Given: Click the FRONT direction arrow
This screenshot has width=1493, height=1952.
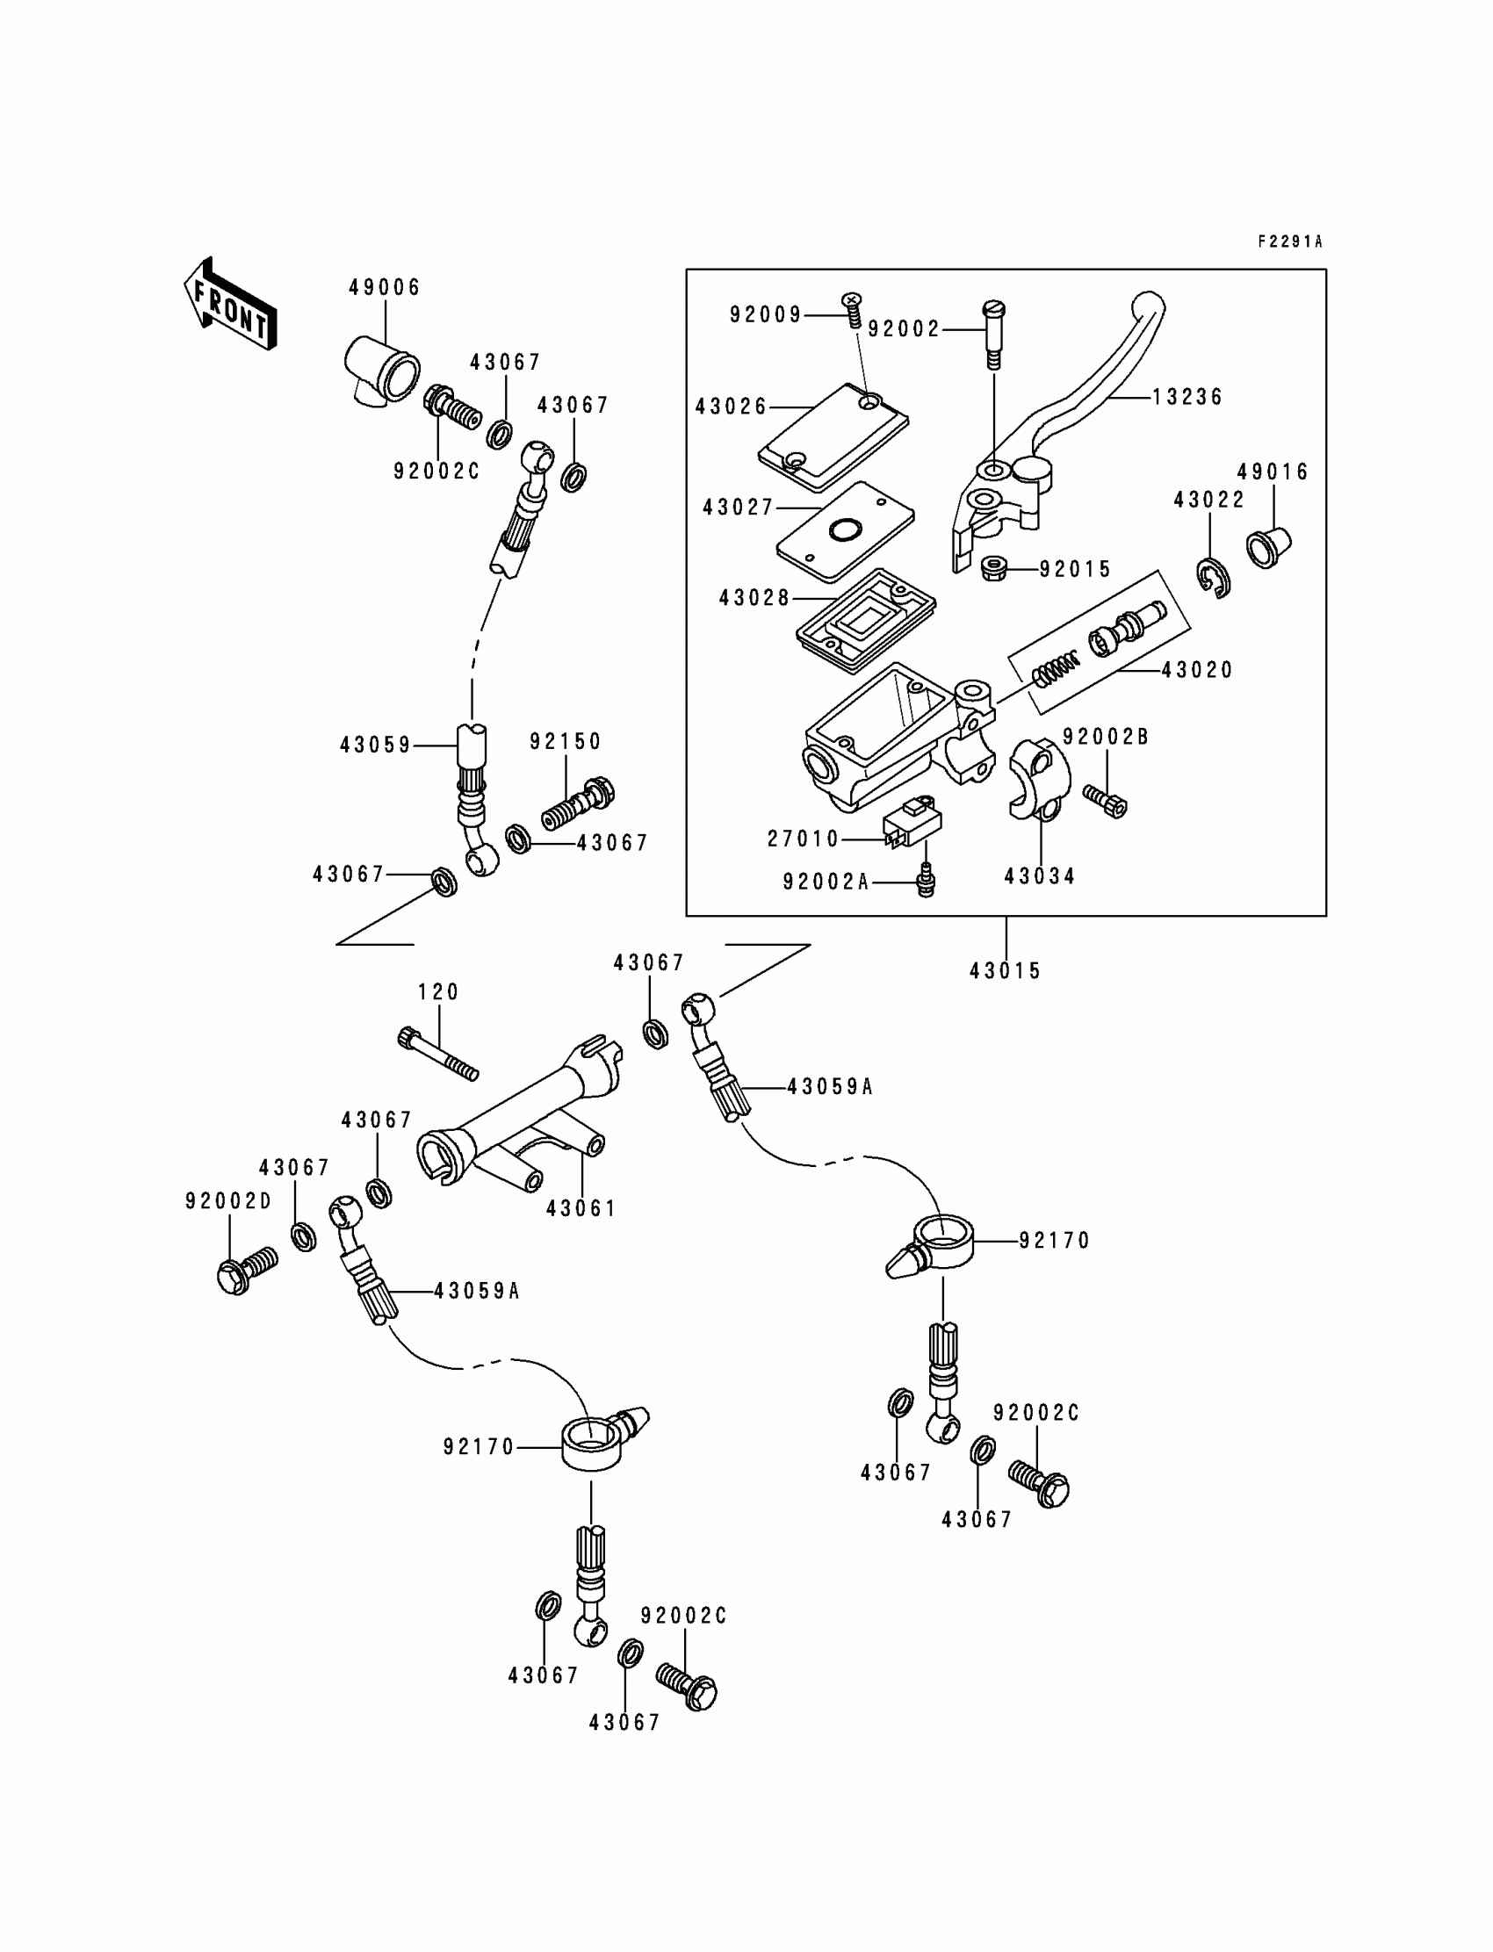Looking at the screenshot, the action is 230,304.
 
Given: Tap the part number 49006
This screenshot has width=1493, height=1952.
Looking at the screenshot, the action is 384,287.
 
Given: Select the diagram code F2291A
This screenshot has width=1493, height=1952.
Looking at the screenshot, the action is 1290,241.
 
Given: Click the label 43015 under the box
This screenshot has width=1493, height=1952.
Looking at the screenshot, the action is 1005,970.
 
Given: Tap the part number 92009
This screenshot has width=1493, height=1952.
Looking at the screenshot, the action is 765,314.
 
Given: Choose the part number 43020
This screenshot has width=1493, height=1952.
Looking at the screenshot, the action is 1197,670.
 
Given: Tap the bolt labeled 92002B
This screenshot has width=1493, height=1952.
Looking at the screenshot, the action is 1105,800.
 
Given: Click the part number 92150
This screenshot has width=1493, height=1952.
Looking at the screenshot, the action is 566,741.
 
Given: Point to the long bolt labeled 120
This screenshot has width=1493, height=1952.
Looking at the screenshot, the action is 438,1055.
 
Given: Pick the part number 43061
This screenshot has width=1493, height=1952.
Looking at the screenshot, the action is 581,1208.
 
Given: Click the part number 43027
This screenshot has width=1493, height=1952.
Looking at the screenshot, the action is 739,508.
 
